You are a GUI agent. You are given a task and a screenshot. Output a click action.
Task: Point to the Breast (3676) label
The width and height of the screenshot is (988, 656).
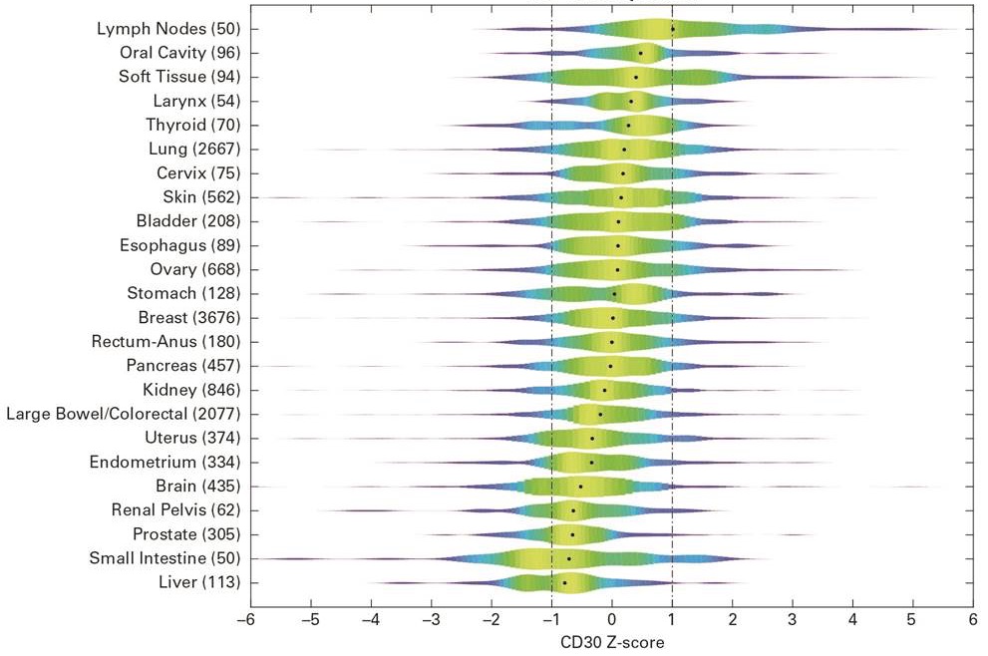click(x=189, y=317)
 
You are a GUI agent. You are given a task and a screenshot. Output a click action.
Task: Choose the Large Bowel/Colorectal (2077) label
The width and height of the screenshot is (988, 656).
click(x=123, y=414)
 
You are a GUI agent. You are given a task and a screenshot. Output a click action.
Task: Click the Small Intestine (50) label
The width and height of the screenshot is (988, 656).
click(x=165, y=558)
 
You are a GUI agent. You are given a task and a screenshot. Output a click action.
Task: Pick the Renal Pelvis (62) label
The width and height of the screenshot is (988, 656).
click(x=175, y=509)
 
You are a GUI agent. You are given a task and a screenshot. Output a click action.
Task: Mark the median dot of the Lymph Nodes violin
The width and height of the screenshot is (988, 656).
click(x=673, y=29)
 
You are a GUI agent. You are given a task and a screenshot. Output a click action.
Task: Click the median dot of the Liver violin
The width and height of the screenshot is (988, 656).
click(x=564, y=582)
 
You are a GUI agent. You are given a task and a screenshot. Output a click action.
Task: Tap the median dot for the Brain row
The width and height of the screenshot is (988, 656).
click(x=581, y=487)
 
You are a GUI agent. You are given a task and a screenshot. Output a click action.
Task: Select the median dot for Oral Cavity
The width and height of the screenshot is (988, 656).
click(x=641, y=53)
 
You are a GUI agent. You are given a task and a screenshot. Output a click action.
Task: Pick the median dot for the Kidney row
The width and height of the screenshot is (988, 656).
click(x=604, y=390)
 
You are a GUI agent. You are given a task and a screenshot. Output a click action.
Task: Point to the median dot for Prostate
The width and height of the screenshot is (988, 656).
click(x=572, y=534)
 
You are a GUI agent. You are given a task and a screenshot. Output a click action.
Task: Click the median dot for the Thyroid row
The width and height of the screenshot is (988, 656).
click(x=628, y=126)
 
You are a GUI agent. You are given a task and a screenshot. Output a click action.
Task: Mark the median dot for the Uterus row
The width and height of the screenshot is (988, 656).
click(x=592, y=438)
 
